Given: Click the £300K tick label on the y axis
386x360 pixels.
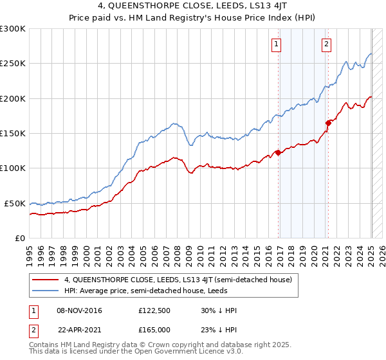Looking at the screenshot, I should point(13,29).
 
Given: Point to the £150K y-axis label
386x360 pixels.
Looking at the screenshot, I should point(13,134).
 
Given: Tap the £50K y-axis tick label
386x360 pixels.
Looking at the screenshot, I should point(15,203).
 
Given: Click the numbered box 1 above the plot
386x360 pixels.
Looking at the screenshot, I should point(276,44).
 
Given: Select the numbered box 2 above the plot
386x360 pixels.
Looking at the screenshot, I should point(327,44).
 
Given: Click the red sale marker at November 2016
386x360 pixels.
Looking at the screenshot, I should point(279,152).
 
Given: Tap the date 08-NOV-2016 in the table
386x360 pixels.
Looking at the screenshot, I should point(79,310).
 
